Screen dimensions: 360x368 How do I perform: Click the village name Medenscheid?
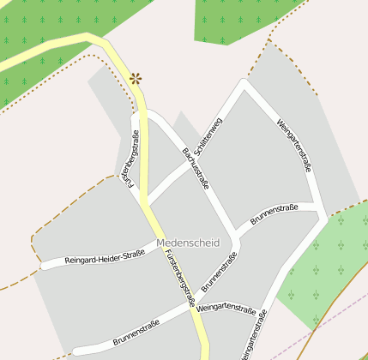click(188, 243)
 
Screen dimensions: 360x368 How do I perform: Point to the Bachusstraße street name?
click(196, 168)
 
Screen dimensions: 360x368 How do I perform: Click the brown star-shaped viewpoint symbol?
click(136, 79)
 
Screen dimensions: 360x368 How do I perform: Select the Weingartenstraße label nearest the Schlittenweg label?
click(295, 144)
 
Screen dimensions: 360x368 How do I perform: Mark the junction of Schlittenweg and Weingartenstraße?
click(244, 84)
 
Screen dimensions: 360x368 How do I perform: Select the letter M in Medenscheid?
click(161, 243)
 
